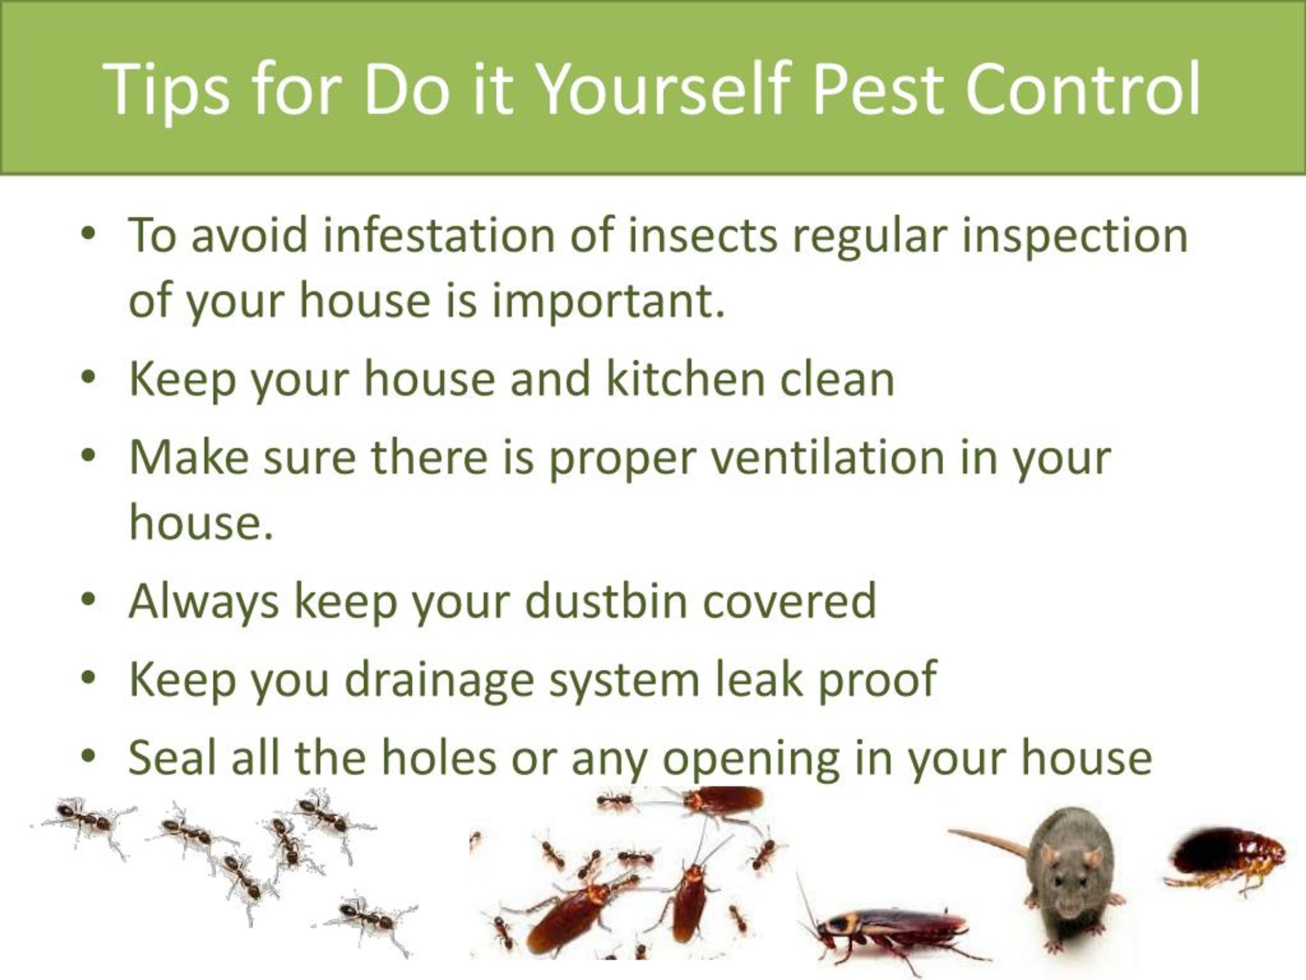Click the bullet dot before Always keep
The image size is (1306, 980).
click(x=89, y=600)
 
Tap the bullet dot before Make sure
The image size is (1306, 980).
click(x=89, y=456)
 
